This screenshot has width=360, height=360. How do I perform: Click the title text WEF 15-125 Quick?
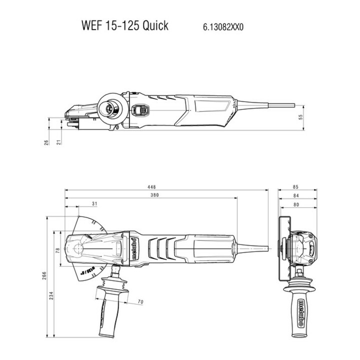pyautogui.click(x=124, y=25)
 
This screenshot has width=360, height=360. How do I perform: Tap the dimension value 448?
pyautogui.click(x=152, y=186)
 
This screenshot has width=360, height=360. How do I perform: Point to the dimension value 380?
pyautogui.click(x=154, y=195)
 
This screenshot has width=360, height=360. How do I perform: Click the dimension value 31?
pyautogui.click(x=94, y=203)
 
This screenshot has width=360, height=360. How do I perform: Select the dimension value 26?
pyautogui.click(x=46, y=142)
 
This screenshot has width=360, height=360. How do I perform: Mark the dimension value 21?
pyautogui.click(x=59, y=142)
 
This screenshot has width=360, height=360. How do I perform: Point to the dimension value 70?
pyautogui.click(x=140, y=302)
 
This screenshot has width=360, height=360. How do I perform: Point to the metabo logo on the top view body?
pyautogui.click(x=135, y=248)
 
